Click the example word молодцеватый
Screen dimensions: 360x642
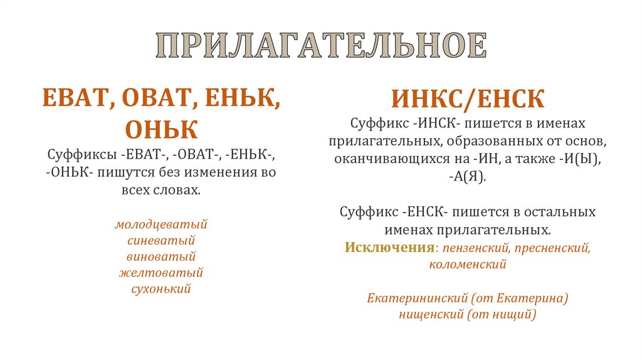(x=161, y=224)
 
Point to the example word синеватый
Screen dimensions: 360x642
(x=161, y=240)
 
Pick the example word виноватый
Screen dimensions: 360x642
(x=161, y=257)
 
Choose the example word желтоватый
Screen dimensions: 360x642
(x=161, y=273)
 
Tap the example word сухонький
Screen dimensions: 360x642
(x=161, y=289)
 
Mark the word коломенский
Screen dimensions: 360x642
(x=467, y=265)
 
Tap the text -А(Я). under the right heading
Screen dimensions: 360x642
(x=467, y=177)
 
